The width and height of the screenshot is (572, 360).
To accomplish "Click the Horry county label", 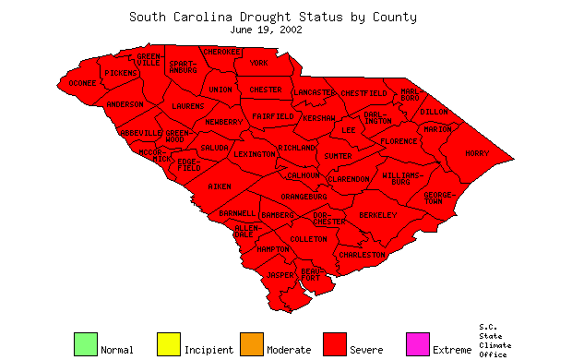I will [x=477, y=153].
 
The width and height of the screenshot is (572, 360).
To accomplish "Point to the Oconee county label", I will [x=82, y=83].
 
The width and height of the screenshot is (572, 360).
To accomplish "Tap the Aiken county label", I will [x=220, y=187].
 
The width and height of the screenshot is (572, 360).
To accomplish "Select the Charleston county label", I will [x=362, y=255].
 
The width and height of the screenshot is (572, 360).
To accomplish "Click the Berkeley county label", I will [x=377, y=215].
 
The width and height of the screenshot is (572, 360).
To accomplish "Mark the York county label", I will [x=259, y=64].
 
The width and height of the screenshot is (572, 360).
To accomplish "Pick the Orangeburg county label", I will [x=304, y=197].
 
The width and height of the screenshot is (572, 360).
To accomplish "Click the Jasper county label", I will [x=280, y=275].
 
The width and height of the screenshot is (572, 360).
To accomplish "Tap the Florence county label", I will [x=399, y=141].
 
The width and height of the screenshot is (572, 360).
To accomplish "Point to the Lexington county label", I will [x=254, y=154].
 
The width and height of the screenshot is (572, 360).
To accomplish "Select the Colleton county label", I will [x=309, y=239].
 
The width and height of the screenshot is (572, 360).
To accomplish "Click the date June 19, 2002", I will [x=272, y=29].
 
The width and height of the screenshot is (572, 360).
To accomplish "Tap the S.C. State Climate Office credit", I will [x=495, y=340].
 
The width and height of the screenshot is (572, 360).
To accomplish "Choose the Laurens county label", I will [x=188, y=106].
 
